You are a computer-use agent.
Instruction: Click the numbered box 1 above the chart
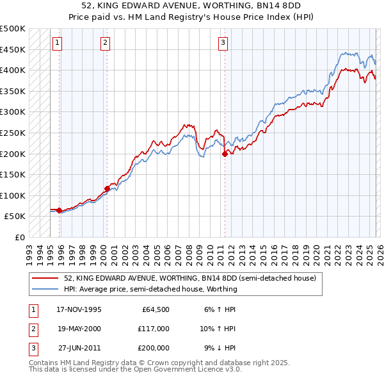(x=58, y=43)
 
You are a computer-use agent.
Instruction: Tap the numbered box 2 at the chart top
(x=105, y=43)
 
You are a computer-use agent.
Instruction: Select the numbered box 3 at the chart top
(x=223, y=43)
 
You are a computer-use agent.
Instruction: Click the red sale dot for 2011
(x=225, y=154)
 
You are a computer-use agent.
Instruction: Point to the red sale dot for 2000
(x=107, y=188)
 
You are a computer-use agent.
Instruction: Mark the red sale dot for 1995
(x=59, y=210)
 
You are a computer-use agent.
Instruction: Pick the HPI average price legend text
(x=150, y=289)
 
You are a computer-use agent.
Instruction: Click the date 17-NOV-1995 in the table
(x=79, y=309)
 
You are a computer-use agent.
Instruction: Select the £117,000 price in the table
(x=154, y=329)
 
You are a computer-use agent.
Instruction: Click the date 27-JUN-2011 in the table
(x=79, y=348)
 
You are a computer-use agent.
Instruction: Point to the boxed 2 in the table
(x=33, y=329)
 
